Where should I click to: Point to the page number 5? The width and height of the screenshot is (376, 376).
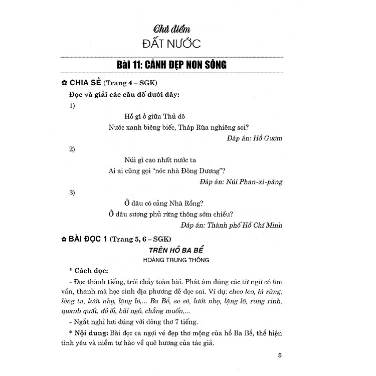tap(280, 356)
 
